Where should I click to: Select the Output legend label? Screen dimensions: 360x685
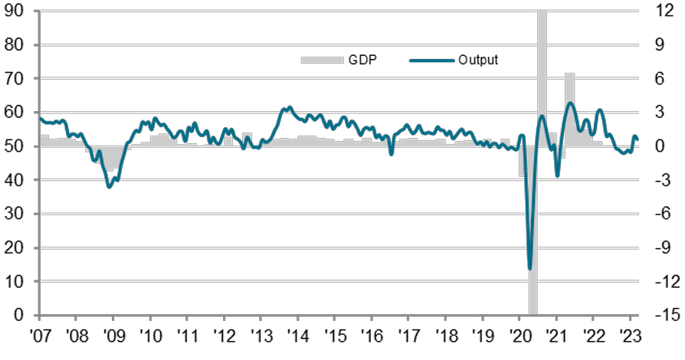point(479,60)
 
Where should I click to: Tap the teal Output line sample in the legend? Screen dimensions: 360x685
point(431,60)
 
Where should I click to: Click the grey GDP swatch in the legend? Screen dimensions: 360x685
point(313,60)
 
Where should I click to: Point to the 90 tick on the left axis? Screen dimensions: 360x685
point(15,11)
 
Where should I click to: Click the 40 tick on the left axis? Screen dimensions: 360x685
point(15,180)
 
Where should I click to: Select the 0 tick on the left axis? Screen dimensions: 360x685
point(20,316)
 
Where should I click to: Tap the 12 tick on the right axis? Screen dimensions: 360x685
point(663,11)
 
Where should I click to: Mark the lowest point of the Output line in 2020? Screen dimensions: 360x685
point(530,268)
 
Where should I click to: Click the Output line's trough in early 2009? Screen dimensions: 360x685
point(110,187)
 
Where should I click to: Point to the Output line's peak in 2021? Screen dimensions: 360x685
point(570,103)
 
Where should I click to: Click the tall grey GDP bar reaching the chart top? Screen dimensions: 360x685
point(542,77)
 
